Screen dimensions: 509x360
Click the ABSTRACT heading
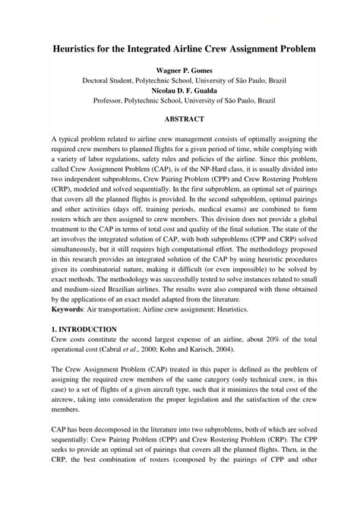point(180,119)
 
